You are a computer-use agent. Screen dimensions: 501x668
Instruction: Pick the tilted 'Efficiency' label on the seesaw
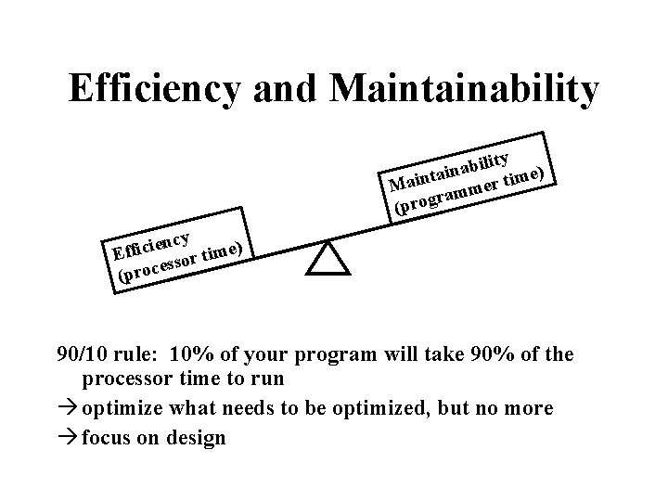click(x=151, y=237)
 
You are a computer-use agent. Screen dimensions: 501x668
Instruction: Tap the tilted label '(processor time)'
click(x=181, y=262)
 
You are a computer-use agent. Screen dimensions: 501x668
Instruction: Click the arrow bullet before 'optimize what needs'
click(x=68, y=408)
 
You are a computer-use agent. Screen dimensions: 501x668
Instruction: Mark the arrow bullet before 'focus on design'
click(x=68, y=437)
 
